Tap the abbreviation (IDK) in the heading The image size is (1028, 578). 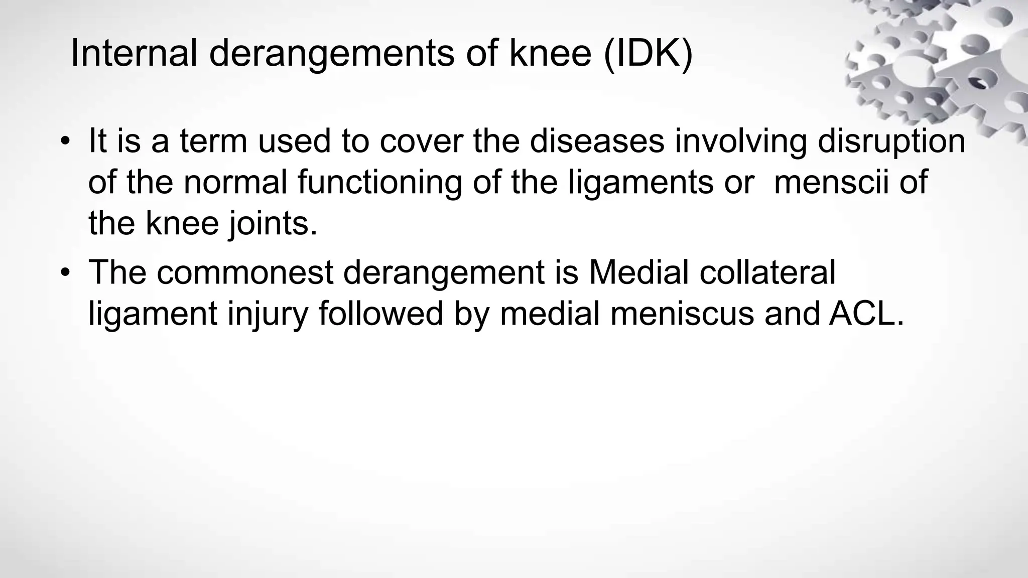[x=648, y=54]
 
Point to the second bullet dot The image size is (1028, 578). [x=64, y=273]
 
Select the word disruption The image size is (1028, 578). [x=891, y=141]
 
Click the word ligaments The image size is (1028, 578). [x=661, y=183]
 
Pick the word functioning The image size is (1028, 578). [x=379, y=183]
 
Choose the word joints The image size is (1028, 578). [x=274, y=224]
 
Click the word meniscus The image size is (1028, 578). [x=682, y=314]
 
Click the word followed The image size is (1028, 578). [x=381, y=314]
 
